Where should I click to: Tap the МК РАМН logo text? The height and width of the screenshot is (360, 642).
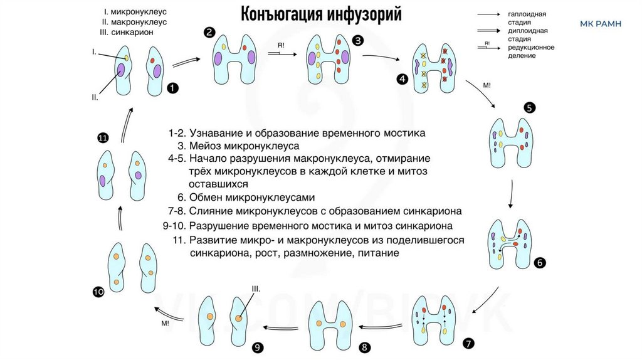point(601,24)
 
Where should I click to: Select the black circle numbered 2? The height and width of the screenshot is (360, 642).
point(209,33)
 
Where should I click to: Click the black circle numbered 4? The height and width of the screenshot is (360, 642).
point(402,78)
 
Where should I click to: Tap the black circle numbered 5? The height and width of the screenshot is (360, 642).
point(529,107)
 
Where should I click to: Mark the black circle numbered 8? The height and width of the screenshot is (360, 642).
point(364,346)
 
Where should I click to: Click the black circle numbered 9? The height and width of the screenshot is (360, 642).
point(256,346)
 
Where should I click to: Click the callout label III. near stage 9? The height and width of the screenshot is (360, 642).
point(256,289)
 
